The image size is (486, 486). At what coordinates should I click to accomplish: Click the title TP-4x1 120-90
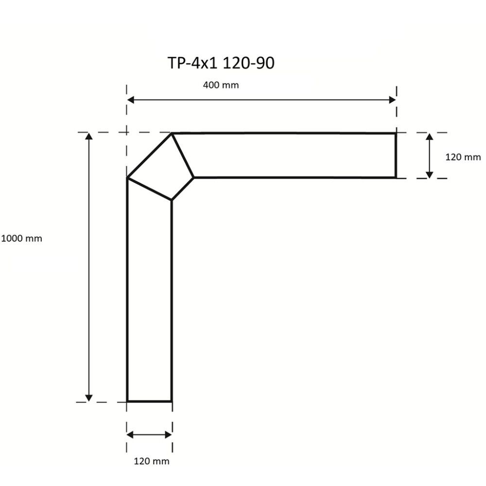pos(221,63)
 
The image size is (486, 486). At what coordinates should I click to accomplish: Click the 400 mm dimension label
pos(221,85)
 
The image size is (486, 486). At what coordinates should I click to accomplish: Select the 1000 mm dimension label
pos(21,239)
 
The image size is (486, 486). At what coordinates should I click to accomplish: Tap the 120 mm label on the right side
pos(463,157)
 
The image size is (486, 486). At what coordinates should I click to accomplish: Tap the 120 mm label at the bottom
pos(152,461)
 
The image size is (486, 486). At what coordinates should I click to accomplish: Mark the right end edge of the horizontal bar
pos(396,156)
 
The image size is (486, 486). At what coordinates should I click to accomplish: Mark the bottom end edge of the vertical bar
pos(150,401)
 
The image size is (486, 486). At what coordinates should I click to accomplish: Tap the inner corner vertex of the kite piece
pos(172,200)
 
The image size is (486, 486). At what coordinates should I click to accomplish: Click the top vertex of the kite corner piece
pos(172,134)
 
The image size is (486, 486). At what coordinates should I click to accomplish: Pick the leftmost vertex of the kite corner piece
pos(127,178)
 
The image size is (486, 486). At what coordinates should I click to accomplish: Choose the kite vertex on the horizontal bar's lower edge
pos(194,178)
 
